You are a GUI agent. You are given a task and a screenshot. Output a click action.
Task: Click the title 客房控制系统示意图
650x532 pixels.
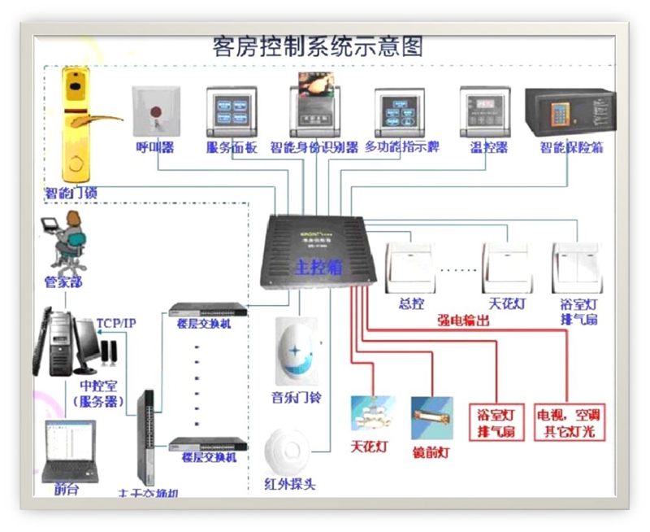pyautogui.click(x=317, y=45)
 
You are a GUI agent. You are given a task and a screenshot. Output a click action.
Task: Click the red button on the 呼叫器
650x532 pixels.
pyautogui.click(x=156, y=108)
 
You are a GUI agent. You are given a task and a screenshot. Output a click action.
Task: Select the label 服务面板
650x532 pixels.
pyautogui.click(x=232, y=148)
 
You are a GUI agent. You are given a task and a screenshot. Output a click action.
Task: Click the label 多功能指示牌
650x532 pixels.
pyautogui.click(x=402, y=148)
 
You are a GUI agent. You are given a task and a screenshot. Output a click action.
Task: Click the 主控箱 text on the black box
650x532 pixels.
pyautogui.click(x=310, y=267)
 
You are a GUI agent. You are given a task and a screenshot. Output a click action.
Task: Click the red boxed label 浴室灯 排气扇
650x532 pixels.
pyautogui.click(x=496, y=421)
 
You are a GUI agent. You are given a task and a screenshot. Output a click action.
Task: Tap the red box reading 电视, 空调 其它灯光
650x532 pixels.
pyautogui.click(x=570, y=421)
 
